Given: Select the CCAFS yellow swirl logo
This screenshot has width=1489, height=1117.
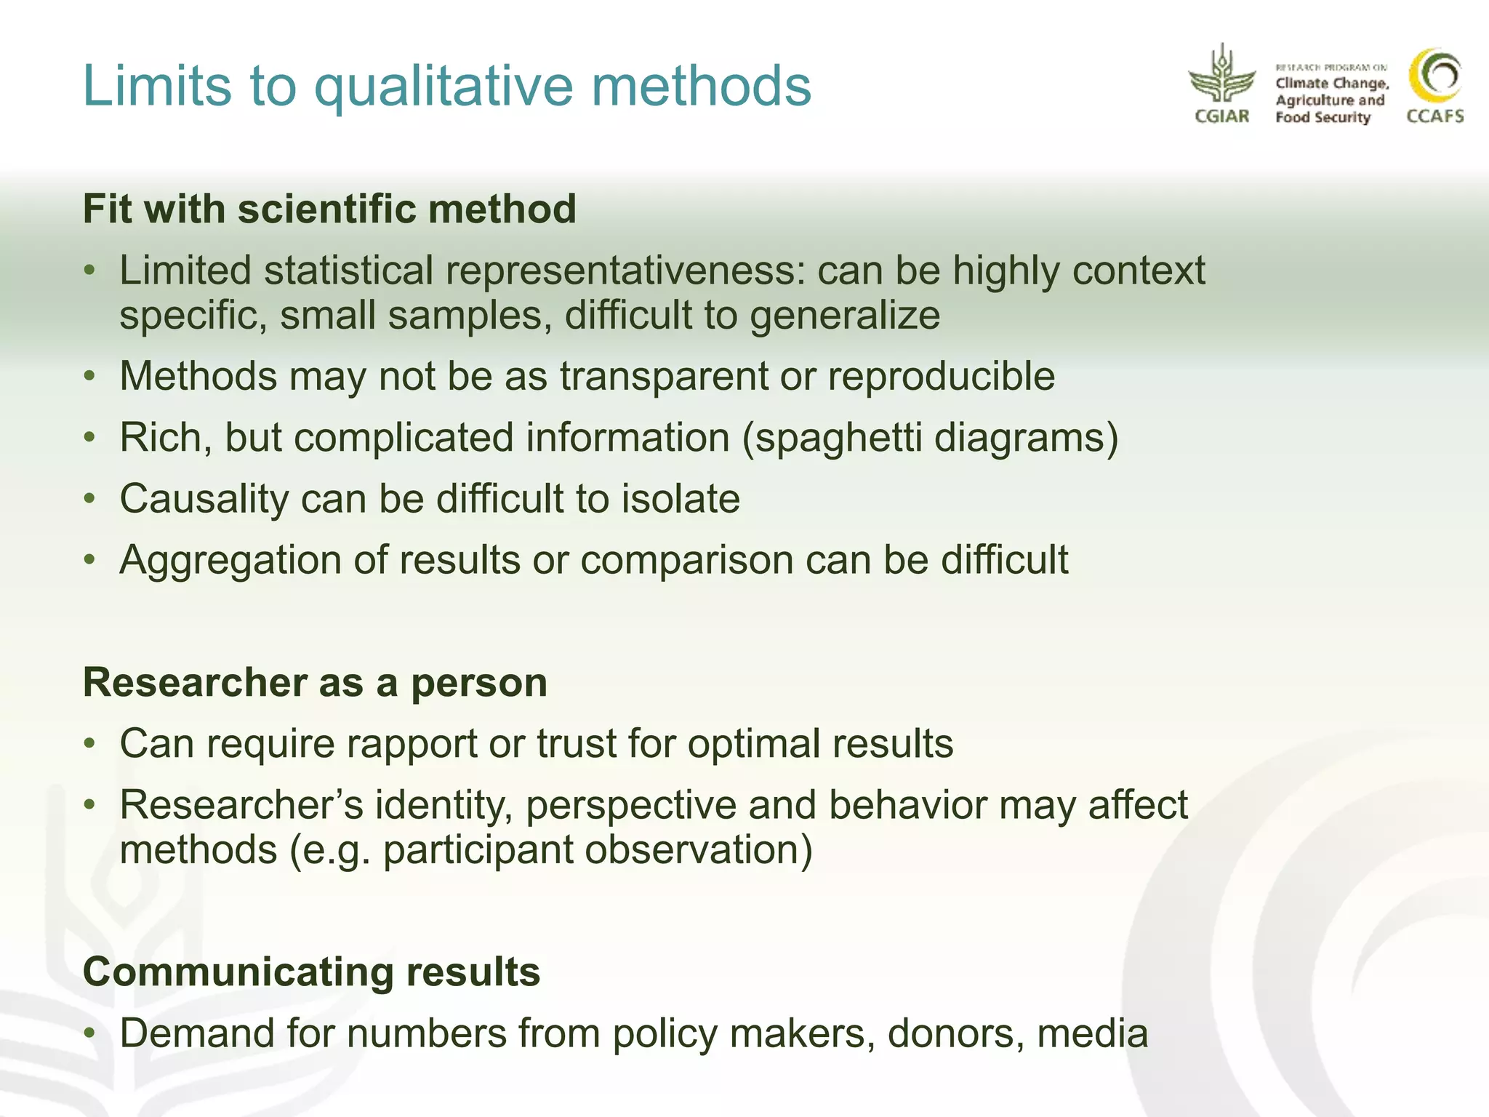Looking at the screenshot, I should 1435,76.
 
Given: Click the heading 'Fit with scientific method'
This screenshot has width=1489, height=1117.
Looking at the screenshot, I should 329,209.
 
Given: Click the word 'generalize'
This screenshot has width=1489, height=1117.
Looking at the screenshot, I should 845,316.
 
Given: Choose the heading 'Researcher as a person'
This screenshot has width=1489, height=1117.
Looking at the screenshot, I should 315,683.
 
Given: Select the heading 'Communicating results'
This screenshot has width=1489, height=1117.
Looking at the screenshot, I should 311,972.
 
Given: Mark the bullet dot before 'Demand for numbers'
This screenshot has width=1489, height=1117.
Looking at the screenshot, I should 89,1033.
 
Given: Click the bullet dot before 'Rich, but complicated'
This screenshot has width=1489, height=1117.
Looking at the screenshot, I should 89,438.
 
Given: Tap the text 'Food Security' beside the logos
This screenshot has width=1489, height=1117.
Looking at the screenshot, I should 1323,118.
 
